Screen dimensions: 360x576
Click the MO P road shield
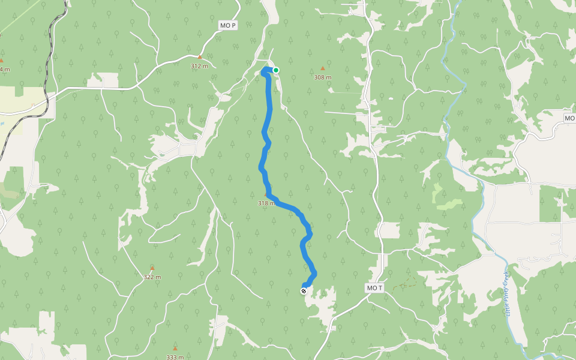coord(229,25)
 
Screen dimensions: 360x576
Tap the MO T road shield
coord(374,289)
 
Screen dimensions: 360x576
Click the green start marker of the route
coord(276,70)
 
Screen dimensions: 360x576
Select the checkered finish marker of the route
coord(304,291)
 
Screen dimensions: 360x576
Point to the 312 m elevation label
coord(199,66)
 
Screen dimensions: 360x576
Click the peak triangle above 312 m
coord(200,57)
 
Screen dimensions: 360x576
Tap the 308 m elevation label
coord(323,77)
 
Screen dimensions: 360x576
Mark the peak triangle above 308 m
coord(323,68)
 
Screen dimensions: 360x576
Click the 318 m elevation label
coord(266,203)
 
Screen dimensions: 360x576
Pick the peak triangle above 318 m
coord(266,194)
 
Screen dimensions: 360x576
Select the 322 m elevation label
coord(152,277)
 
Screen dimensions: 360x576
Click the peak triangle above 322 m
coord(152,268)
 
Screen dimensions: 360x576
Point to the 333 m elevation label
coord(175,357)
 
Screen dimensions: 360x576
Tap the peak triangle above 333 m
coord(175,348)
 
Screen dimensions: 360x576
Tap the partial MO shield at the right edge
coord(569,118)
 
